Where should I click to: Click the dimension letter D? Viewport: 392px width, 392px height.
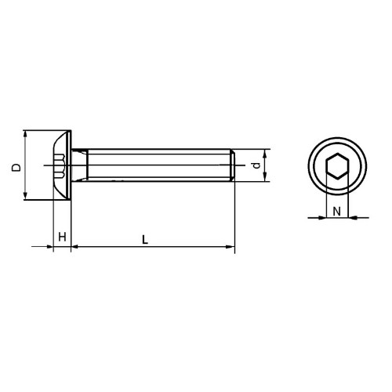16,168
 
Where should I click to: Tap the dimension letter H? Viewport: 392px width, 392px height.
62,237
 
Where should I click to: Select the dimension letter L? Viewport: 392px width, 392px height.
145,240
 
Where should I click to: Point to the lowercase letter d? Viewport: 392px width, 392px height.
257,165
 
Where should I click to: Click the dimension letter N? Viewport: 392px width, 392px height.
337,211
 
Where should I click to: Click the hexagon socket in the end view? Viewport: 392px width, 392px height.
337,166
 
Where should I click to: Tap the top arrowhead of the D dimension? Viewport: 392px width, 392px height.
25,134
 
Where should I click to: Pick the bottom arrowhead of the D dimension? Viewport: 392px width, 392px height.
25,196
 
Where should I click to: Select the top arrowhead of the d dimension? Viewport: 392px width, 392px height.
265,153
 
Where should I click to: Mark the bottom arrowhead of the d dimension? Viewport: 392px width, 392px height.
265,177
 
